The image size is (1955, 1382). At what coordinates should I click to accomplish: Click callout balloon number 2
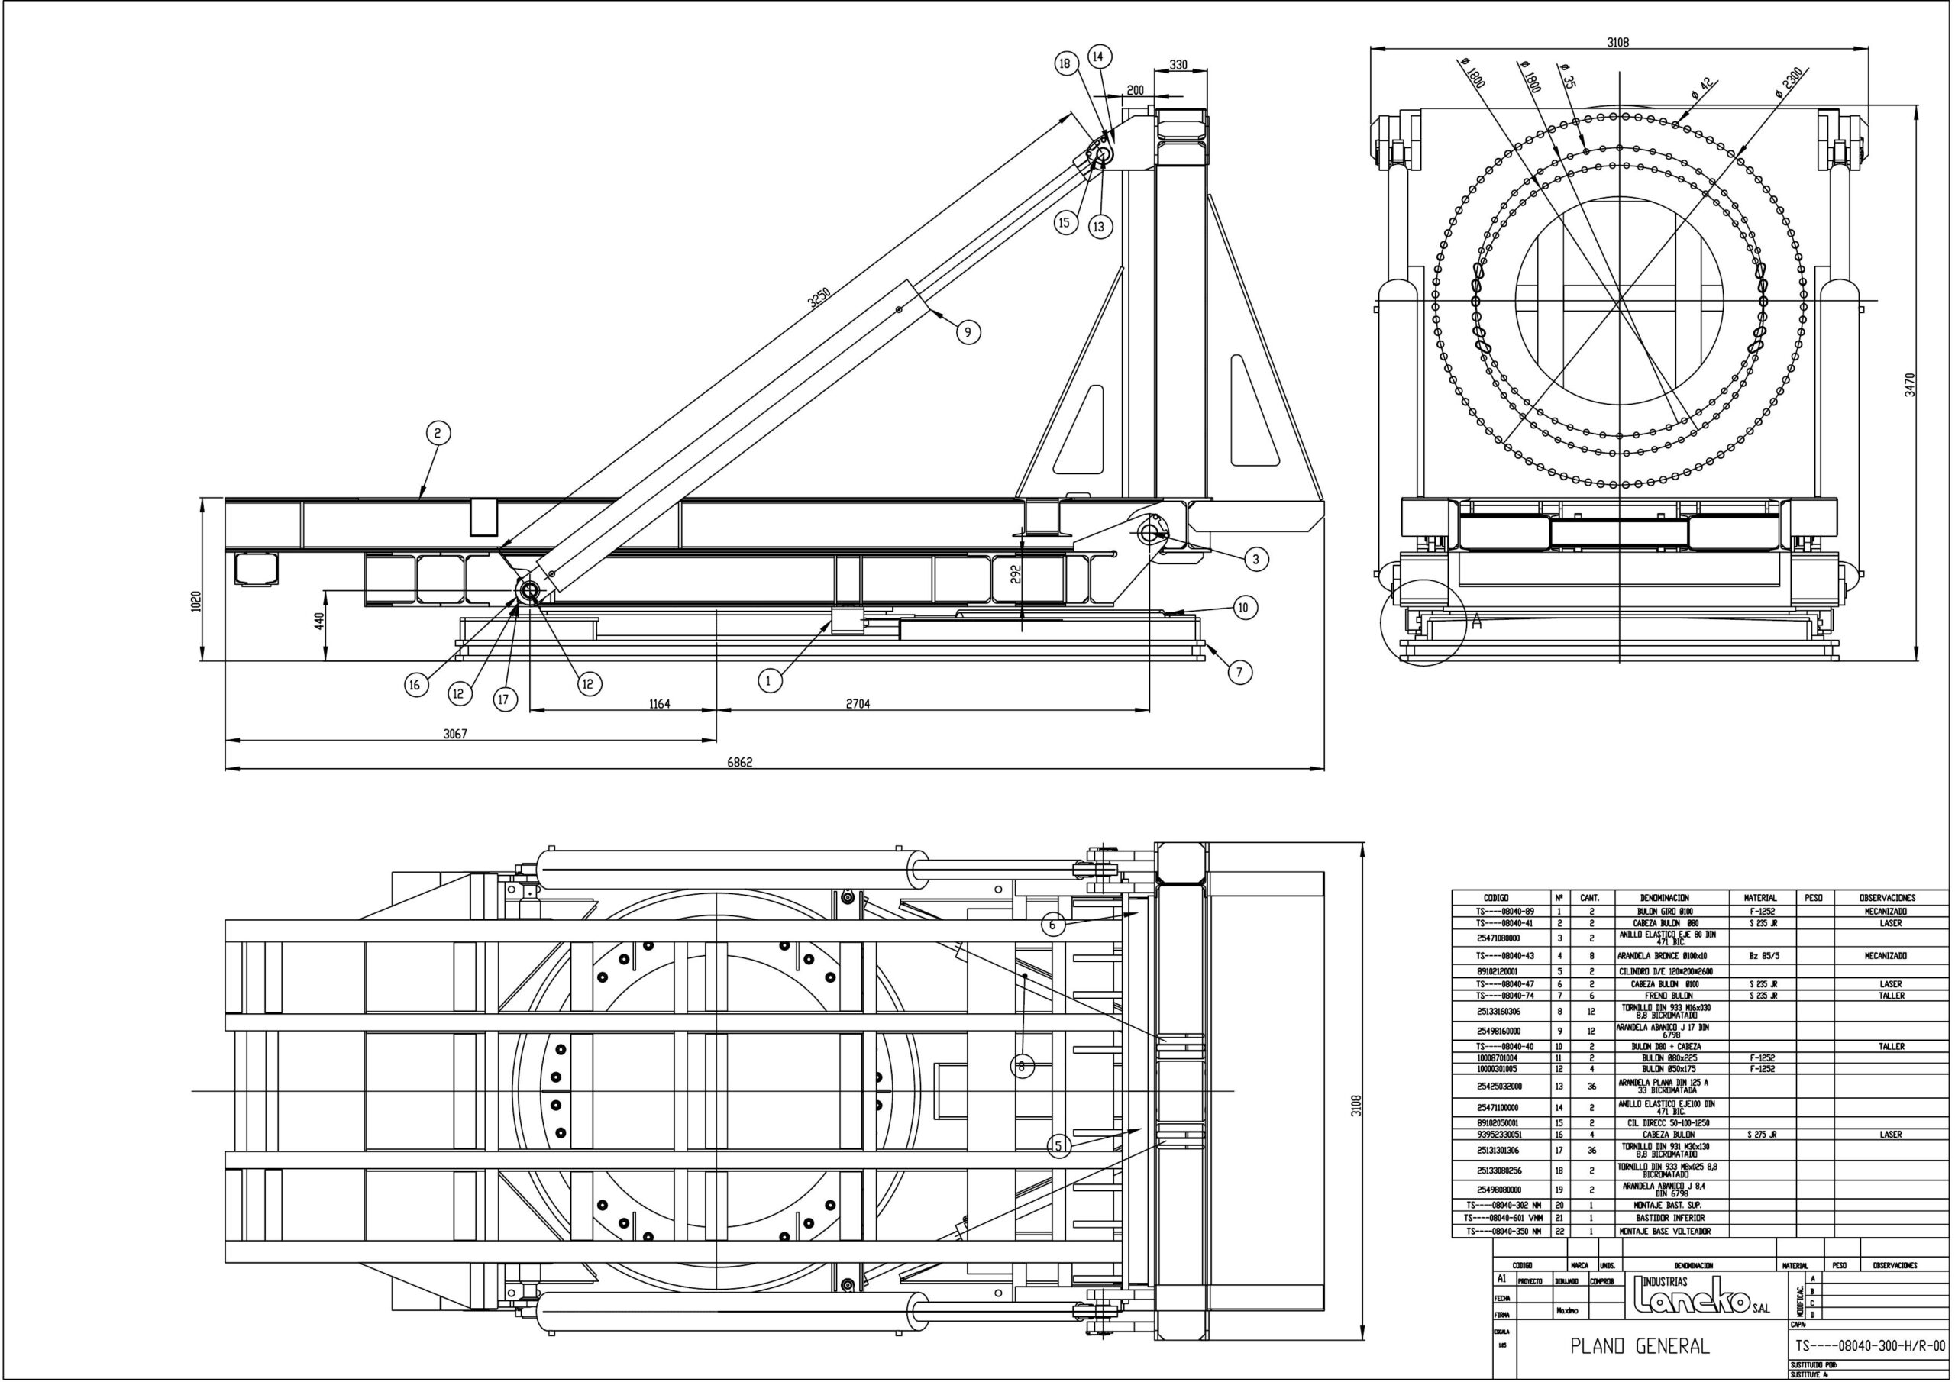[438, 434]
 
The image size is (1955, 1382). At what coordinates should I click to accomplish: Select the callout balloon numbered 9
[968, 332]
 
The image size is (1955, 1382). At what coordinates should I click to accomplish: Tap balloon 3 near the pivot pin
[1255, 560]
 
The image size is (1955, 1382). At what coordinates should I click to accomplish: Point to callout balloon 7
[1239, 673]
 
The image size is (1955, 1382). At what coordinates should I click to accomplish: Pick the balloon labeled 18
[1065, 63]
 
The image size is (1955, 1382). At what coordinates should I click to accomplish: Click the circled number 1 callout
[770, 680]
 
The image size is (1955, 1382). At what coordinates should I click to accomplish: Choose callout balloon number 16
[415, 686]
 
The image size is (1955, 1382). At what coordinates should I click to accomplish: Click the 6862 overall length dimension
[739, 763]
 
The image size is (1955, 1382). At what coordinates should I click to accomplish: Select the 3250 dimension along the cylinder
[819, 297]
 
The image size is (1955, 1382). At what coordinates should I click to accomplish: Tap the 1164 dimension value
[659, 704]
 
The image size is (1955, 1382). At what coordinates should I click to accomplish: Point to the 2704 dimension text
[858, 704]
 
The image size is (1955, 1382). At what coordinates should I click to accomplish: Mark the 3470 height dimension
[1910, 385]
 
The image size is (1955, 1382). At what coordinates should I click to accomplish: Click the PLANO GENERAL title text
[1639, 1346]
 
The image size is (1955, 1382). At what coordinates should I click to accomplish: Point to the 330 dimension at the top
[1178, 66]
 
